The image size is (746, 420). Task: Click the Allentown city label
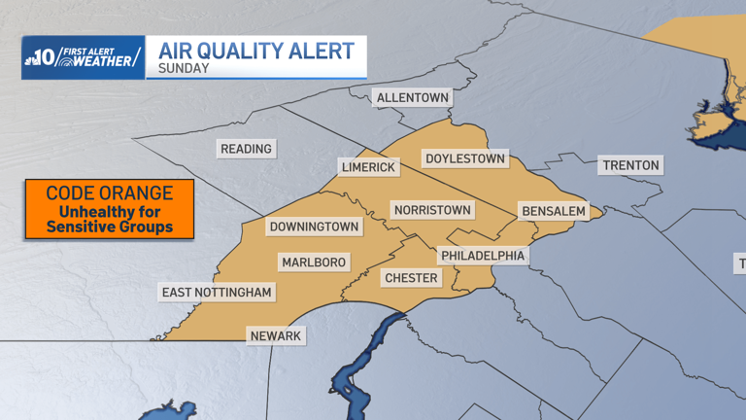coord(413,98)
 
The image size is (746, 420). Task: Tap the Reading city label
coord(247,149)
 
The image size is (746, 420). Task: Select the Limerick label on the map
coord(369,167)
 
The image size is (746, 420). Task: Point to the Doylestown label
coord(465,158)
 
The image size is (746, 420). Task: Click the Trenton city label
coord(630,165)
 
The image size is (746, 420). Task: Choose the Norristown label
coord(432,210)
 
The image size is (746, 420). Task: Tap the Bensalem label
coord(554,211)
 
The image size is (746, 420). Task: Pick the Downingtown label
coord(315,227)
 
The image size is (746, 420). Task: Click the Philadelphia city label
coord(483,256)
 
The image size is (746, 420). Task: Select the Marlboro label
coord(314,262)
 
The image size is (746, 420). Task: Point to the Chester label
coord(412,278)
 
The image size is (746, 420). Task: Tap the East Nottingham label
coord(218,293)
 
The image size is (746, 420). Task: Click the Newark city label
coord(276,336)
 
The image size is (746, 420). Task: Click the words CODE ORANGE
coord(110,193)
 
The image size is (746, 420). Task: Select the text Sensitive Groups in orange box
coord(110,227)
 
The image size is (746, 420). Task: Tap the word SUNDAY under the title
coord(184,69)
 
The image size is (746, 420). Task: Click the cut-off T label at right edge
coord(741,263)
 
